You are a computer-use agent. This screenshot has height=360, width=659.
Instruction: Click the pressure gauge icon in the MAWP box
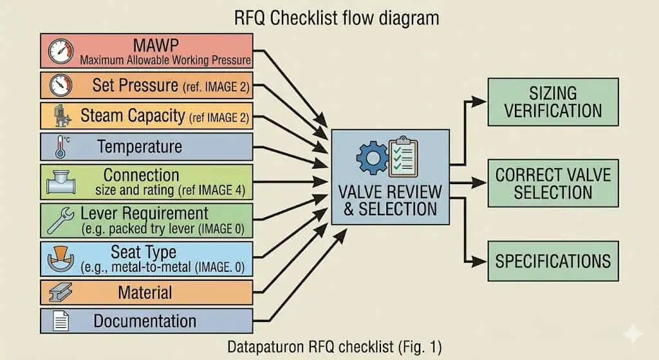(x=60, y=52)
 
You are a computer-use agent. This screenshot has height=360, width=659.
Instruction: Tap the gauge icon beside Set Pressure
(x=60, y=85)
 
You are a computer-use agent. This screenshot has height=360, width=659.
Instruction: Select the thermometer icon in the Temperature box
(x=62, y=147)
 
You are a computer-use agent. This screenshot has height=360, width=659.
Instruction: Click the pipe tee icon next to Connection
(x=61, y=182)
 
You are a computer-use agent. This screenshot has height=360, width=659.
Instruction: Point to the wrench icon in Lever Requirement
(x=60, y=220)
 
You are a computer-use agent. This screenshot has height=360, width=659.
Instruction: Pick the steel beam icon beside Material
(x=60, y=292)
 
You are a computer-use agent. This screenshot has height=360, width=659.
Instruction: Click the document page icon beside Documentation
(x=60, y=321)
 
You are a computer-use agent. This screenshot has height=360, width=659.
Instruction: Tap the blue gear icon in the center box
(x=372, y=158)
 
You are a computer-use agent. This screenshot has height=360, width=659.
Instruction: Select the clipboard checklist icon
(x=403, y=156)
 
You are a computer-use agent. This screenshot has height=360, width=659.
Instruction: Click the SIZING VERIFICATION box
(x=553, y=102)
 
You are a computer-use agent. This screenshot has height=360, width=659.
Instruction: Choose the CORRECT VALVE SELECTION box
(x=553, y=184)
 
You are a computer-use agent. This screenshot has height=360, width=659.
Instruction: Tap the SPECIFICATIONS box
(x=553, y=261)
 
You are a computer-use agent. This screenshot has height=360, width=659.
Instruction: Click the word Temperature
(x=140, y=147)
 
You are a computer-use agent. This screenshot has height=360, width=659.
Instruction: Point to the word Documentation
(x=145, y=321)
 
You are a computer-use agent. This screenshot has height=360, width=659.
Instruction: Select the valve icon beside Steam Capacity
(x=62, y=116)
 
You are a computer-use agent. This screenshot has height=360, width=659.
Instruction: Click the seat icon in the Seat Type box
(x=61, y=258)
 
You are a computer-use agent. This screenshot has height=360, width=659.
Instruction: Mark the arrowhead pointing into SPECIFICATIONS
(x=479, y=261)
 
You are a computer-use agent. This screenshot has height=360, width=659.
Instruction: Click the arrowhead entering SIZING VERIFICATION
(x=479, y=102)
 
